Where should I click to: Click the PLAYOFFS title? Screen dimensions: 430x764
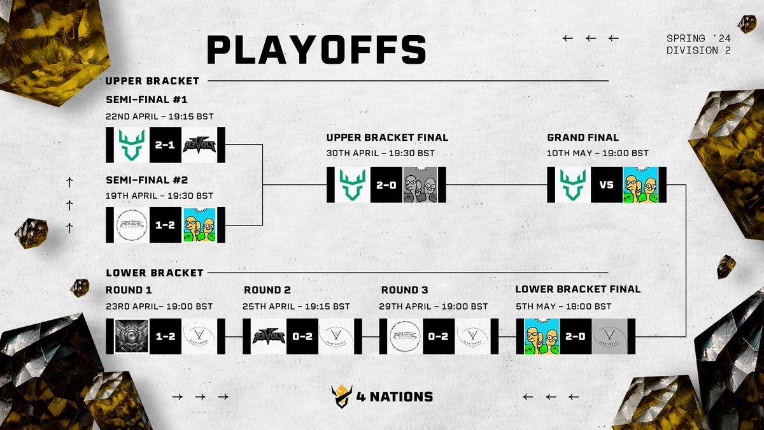[316, 50]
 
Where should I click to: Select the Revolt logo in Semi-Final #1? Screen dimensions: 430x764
[199, 145]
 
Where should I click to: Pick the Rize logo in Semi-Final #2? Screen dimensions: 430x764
[132, 226]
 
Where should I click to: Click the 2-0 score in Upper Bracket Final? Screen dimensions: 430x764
[386, 185]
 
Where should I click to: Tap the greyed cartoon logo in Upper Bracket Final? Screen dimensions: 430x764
[420, 185]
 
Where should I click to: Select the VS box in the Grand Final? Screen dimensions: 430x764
[607, 185]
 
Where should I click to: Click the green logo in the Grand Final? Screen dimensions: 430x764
[573, 185]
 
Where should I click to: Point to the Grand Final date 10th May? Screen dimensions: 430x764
[598, 153]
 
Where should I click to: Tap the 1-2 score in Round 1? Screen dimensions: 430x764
[166, 336]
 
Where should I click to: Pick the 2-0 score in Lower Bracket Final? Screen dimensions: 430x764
[576, 336]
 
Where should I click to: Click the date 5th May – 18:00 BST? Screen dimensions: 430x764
[563, 306]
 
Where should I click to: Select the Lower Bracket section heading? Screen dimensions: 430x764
[155, 273]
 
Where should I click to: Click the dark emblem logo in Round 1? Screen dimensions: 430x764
[132, 336]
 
